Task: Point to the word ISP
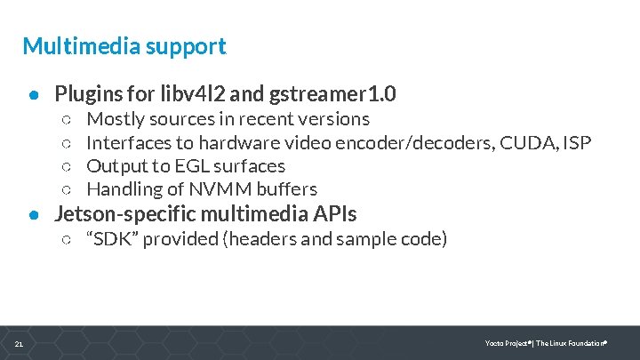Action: coord(576,142)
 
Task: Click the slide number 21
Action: coord(19,344)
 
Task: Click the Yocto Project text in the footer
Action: coord(507,343)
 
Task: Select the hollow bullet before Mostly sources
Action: coord(68,119)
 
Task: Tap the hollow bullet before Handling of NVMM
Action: coord(68,189)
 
